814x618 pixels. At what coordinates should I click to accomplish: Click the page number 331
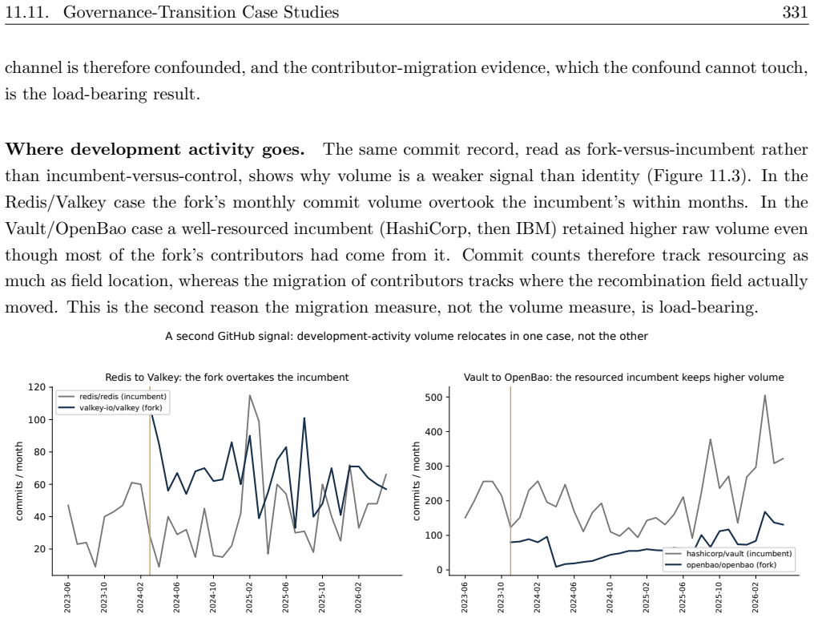click(795, 12)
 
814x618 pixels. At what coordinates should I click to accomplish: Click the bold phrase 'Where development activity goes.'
click(155, 150)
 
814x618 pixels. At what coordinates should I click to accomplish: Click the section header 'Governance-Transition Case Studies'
click(201, 12)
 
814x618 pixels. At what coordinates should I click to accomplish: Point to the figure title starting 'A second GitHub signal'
click(406, 336)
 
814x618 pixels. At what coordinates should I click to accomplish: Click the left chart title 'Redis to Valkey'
click(227, 377)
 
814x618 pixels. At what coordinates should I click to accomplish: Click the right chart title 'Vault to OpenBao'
click(623, 377)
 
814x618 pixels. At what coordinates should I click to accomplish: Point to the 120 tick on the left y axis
click(37, 387)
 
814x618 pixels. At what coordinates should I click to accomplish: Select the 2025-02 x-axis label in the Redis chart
click(248, 596)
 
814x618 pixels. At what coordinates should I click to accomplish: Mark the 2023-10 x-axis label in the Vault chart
click(501, 596)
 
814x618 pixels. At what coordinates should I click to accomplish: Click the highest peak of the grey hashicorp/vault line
click(764, 395)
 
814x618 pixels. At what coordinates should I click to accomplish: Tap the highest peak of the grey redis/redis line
click(250, 395)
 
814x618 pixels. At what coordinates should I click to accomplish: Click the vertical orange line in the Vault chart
click(510, 481)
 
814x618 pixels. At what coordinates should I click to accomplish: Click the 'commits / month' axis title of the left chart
click(19, 481)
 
